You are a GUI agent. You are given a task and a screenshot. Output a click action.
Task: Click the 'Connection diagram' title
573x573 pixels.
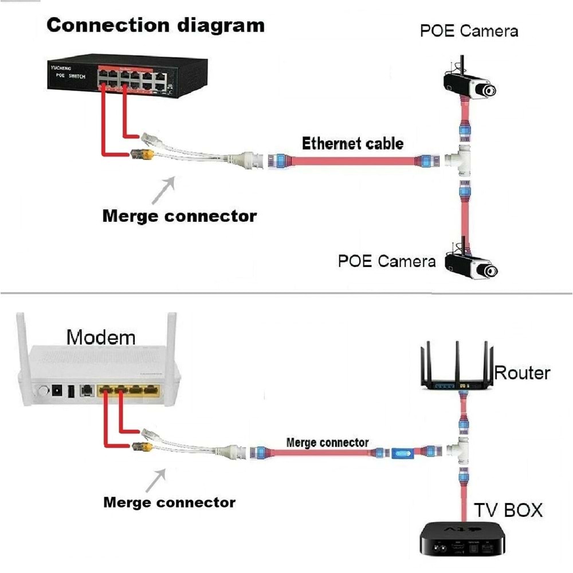(155, 26)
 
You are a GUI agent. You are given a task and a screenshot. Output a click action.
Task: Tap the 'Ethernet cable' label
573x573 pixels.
(352, 143)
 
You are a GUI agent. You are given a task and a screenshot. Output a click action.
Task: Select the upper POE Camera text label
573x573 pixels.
(469, 30)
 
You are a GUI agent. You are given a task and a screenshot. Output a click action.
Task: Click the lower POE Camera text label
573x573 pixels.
(387, 261)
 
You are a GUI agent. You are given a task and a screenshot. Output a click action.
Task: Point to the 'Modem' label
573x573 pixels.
(101, 337)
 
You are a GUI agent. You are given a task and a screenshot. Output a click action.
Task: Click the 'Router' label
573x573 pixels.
(522, 373)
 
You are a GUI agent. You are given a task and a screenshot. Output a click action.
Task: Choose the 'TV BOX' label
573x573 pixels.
(508, 510)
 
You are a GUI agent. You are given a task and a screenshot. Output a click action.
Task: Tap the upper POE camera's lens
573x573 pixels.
(488, 91)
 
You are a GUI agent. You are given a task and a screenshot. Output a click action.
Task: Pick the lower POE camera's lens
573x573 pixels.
(488, 270)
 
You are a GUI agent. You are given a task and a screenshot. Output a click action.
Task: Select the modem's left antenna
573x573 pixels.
(21, 338)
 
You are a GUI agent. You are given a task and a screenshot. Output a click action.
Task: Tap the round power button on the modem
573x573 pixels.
(41, 392)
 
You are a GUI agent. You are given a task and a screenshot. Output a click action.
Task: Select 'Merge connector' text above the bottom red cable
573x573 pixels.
(327, 442)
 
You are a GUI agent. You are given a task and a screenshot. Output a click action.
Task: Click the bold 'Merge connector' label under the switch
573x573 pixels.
(179, 216)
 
